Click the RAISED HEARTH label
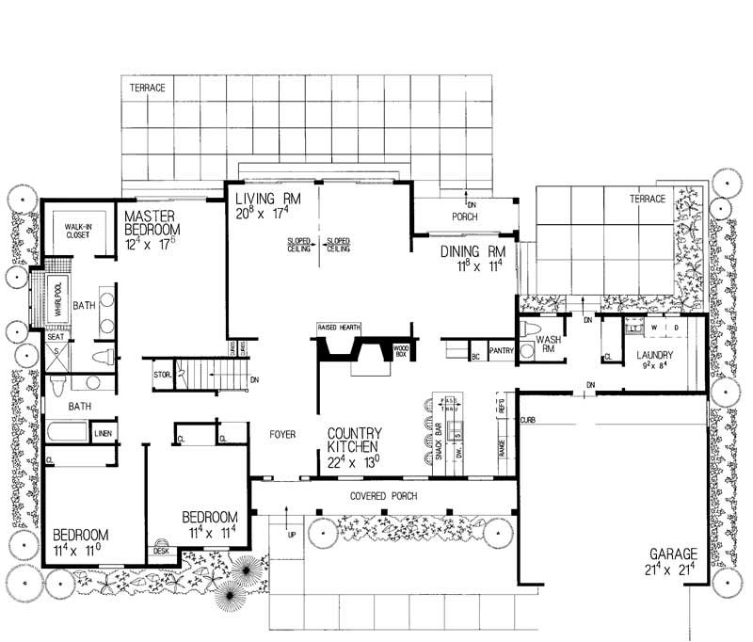(x=340, y=327)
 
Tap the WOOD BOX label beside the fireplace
(x=399, y=351)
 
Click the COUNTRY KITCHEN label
(x=354, y=441)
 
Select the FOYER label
(x=283, y=435)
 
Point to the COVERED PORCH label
(x=385, y=495)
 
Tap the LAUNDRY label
(x=654, y=356)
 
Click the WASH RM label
(x=549, y=345)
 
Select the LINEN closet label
(x=104, y=433)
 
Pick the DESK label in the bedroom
(x=161, y=552)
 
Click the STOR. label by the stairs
(x=161, y=374)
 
